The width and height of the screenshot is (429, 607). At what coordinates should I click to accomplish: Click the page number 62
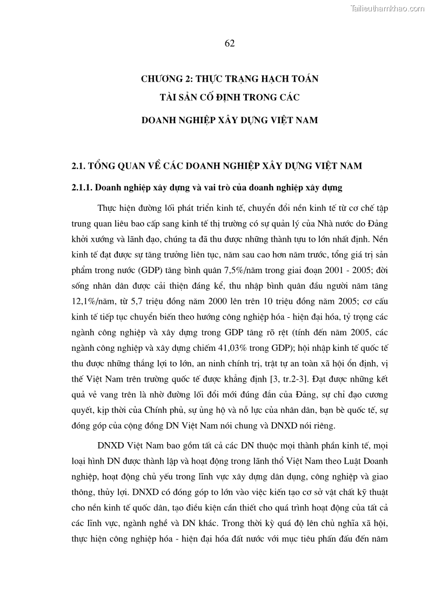pos(229,44)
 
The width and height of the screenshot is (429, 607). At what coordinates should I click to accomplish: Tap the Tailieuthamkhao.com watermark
pos(387,8)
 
